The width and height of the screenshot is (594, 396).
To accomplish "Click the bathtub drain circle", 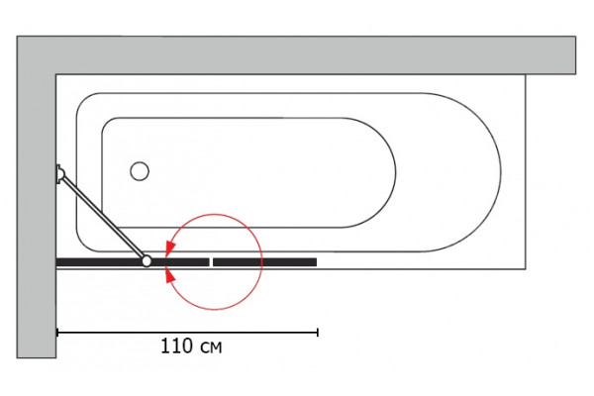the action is click(140, 171).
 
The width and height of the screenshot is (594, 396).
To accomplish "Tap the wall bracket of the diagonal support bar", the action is click(59, 174).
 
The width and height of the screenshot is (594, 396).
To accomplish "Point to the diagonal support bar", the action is click(102, 217).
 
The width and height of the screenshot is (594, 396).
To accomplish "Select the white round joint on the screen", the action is click(147, 261).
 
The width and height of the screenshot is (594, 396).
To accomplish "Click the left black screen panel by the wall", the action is click(133, 262).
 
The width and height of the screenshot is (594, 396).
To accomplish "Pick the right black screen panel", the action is click(264, 262).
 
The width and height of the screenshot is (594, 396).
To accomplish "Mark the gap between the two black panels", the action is click(212, 262).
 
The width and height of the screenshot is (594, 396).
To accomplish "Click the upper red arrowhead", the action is click(170, 247).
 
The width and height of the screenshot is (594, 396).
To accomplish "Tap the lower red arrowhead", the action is click(170, 276).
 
